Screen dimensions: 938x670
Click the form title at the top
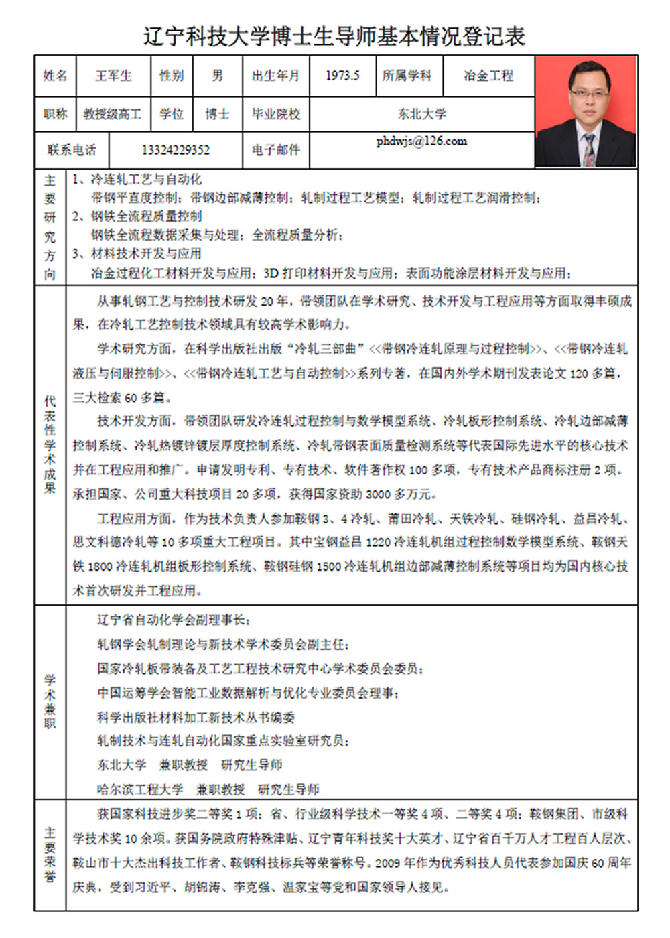[x=334, y=36]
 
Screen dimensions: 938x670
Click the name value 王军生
[x=113, y=76]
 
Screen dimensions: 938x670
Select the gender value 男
[x=217, y=76]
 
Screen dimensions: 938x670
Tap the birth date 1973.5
[x=342, y=76]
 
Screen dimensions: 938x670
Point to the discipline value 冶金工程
[x=488, y=76]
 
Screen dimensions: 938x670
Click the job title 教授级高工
[x=112, y=114]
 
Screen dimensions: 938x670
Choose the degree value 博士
[x=217, y=114]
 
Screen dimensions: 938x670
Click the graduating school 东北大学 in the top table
[x=421, y=114]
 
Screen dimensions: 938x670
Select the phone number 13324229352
[x=176, y=150]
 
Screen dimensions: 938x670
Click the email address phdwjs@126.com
[x=421, y=141]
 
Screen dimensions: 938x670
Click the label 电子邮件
[x=275, y=150]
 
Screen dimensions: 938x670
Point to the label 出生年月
[x=275, y=76]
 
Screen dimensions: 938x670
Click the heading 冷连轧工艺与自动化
[x=145, y=180]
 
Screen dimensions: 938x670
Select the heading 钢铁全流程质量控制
[x=145, y=216]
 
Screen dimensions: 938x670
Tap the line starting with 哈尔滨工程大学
[x=208, y=789]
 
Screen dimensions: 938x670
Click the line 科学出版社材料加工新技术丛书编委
[x=196, y=717]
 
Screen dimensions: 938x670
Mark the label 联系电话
[x=71, y=150]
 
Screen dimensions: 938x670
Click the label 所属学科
[x=407, y=76]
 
